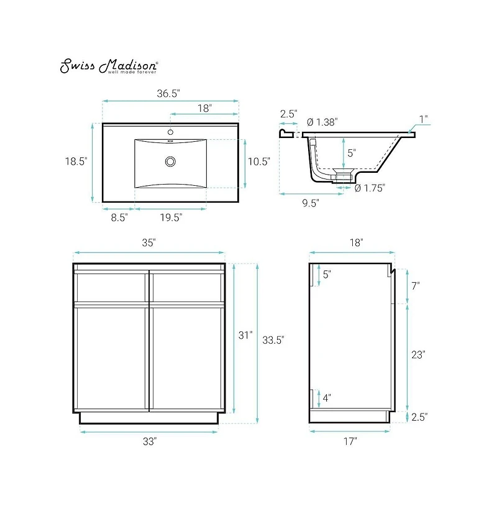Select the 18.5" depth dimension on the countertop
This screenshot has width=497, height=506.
pos(76,161)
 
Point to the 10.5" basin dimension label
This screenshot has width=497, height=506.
pos(259,162)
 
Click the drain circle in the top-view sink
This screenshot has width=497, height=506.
pos(170,162)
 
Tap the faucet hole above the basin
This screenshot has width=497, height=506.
pos(170,132)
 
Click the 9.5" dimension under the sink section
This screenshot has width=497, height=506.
pos(311,203)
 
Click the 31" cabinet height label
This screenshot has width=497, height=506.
pos(246,335)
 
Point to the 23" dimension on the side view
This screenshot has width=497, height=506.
pos(417,355)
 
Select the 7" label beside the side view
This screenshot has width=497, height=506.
pos(415,286)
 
